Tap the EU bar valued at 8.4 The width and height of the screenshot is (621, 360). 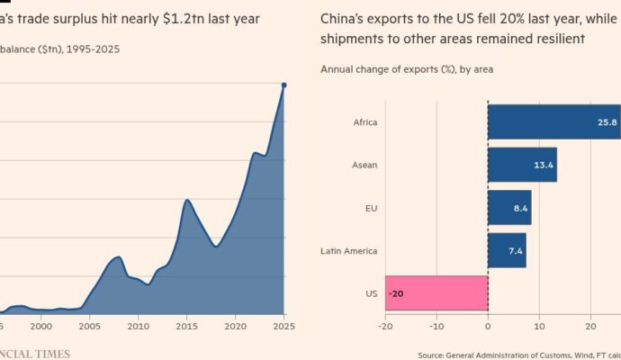tap(509, 207)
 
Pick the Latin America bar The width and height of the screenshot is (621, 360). tap(507, 250)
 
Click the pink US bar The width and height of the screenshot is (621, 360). tap(436, 293)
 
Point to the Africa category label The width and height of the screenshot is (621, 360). tap(365, 121)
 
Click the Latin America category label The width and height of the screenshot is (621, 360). tap(348, 250)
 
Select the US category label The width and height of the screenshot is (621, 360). tap(371, 293)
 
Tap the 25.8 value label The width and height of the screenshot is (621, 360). tap(608, 121)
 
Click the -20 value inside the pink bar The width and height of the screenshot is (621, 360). tap(396, 293)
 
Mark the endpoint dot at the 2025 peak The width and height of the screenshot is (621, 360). tap(283, 85)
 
